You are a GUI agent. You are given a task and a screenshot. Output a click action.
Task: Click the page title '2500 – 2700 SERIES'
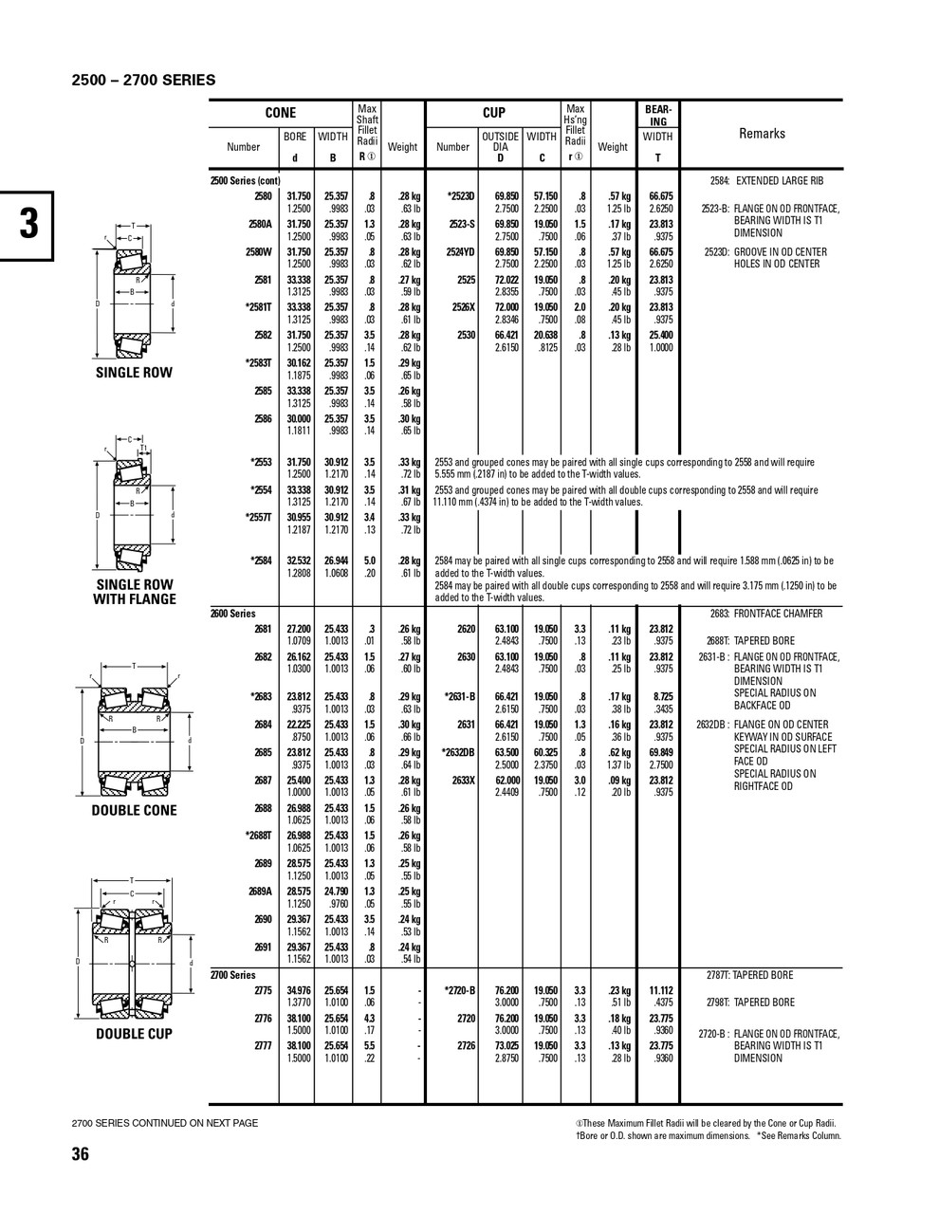(x=143, y=80)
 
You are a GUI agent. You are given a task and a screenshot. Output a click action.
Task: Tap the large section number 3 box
(x=29, y=224)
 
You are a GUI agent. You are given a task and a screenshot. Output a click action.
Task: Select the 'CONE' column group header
(x=280, y=113)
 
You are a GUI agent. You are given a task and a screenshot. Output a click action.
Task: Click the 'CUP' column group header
(x=494, y=113)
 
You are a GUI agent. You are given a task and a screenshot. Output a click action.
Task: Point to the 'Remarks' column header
(x=762, y=134)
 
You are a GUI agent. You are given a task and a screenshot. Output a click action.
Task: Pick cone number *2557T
(x=259, y=517)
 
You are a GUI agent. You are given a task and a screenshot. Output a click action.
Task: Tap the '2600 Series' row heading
(x=233, y=614)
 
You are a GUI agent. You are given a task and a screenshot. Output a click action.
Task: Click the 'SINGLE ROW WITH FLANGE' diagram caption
(x=134, y=592)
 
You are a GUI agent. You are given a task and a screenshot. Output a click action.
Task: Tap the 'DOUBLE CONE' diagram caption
(x=134, y=811)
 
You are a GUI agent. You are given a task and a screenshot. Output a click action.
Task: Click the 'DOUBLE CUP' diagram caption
(x=134, y=1034)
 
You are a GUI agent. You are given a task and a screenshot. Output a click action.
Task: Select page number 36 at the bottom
(x=80, y=1154)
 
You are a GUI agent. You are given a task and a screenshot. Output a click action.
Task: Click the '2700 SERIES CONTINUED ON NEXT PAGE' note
(x=164, y=1123)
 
